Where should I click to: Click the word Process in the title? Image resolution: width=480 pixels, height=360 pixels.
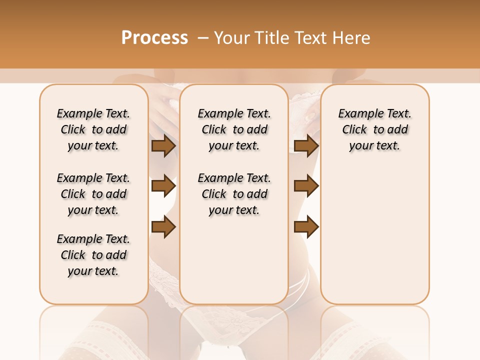coord(154,38)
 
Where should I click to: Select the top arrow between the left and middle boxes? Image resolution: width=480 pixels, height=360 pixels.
coord(163,146)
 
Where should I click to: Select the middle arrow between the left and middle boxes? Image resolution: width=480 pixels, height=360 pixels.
coord(163,186)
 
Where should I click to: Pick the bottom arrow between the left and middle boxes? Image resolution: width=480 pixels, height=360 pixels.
coord(163,226)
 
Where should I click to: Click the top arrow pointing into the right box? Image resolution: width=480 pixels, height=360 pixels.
coord(306,146)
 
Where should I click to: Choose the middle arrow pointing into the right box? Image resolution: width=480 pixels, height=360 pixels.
coord(306,186)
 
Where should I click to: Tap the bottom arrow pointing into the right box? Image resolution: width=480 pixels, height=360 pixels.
coord(306,226)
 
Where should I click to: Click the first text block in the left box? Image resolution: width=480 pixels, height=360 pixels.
coord(93,129)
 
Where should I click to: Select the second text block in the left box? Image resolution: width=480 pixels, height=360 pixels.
coord(93,194)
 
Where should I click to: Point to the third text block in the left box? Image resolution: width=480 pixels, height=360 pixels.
coord(93,255)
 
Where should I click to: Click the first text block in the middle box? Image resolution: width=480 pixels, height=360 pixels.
coord(234,129)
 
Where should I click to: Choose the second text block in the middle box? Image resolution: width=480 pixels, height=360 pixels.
coord(234,194)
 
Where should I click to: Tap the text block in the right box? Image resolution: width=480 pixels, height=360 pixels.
coord(374,129)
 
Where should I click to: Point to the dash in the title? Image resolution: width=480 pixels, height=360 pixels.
coord(202,38)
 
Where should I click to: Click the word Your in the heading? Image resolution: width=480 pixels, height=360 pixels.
coord(232,38)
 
